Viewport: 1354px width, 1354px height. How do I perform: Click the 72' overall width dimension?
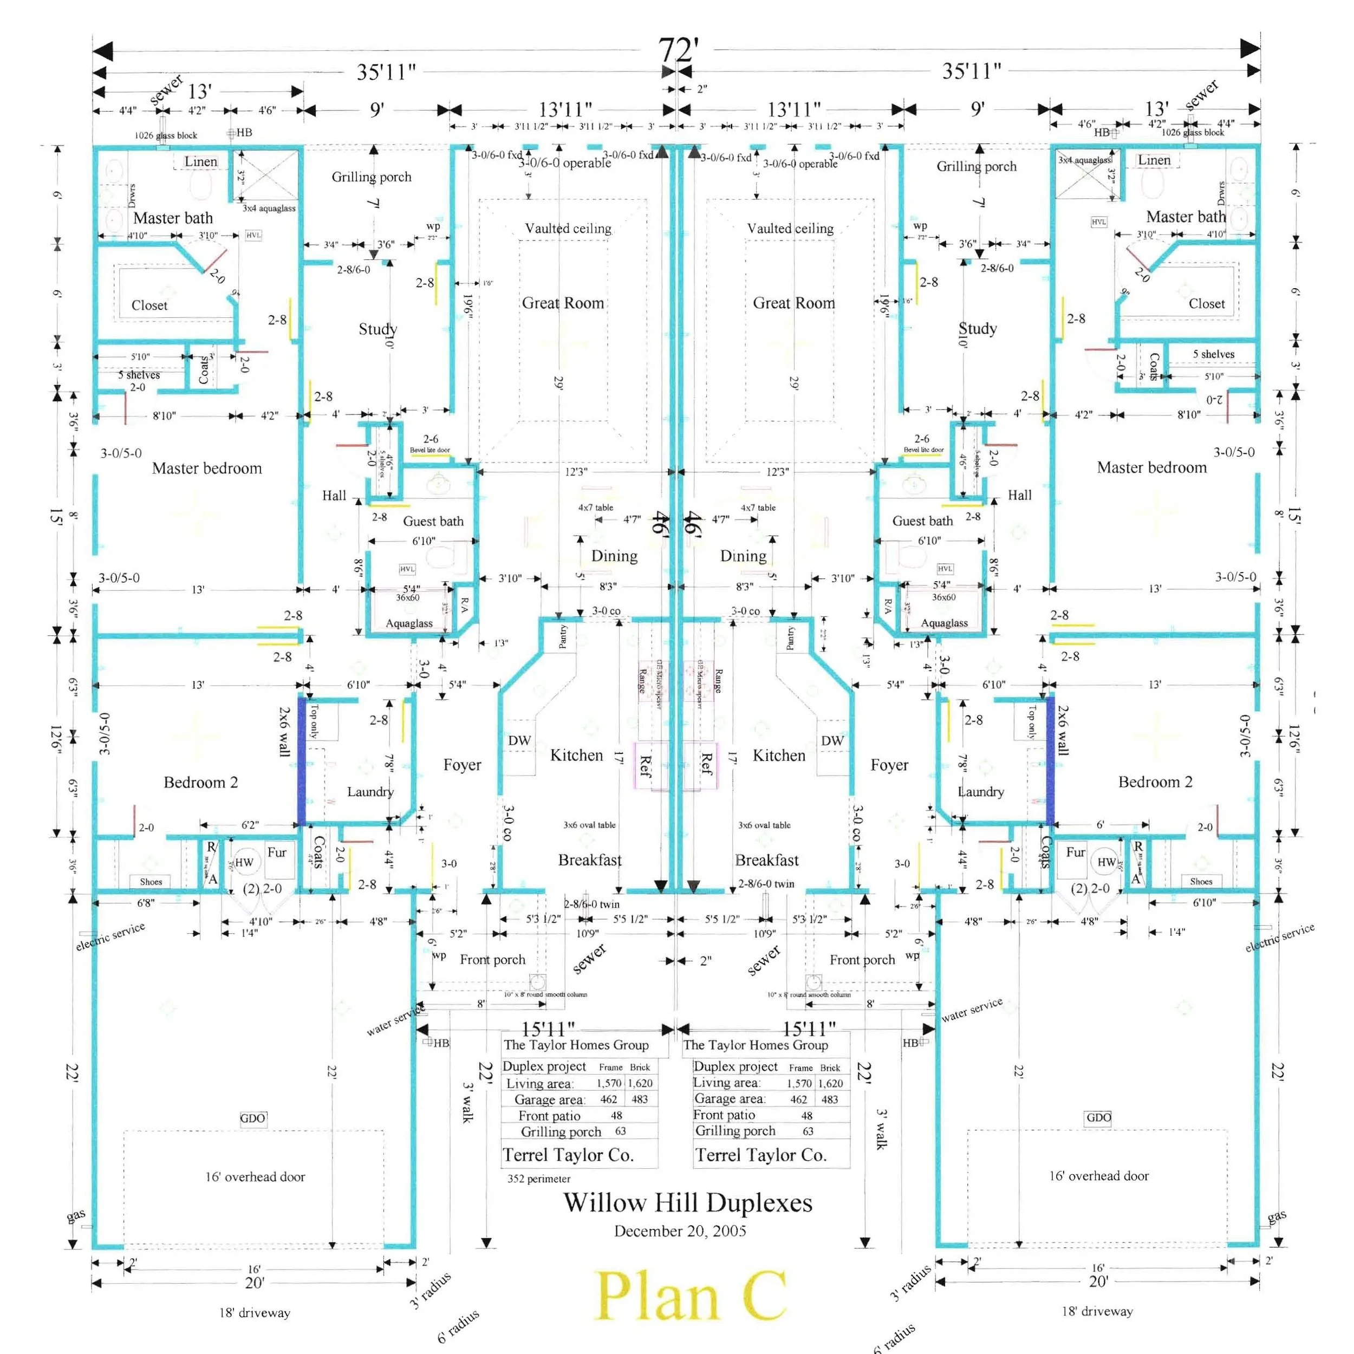point(678,50)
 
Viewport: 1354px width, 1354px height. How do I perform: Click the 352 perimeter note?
point(538,1179)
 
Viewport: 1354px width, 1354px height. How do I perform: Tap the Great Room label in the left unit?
point(563,303)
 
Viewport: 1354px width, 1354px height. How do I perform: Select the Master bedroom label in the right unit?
point(1151,467)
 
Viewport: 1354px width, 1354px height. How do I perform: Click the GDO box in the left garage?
point(252,1118)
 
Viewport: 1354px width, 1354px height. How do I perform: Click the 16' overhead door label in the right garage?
point(1098,1176)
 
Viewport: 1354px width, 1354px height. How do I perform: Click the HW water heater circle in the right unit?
point(1106,862)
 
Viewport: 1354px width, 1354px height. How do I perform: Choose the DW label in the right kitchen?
point(832,741)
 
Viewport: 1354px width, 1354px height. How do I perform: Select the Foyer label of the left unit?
point(462,765)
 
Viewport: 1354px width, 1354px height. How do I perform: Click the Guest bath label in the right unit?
point(922,520)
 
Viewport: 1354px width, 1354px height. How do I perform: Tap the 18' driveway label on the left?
point(255,1313)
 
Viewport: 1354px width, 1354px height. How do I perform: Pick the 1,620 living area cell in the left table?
point(640,1083)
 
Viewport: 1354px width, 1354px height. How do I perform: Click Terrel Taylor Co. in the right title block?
point(760,1155)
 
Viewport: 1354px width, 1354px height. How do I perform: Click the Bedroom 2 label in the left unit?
point(200,782)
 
